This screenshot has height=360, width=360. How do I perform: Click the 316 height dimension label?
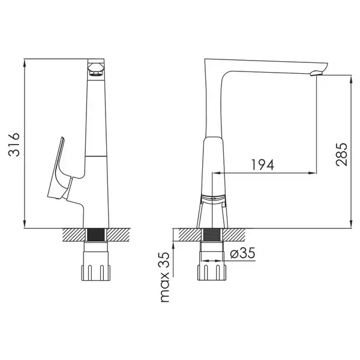[x=14, y=145]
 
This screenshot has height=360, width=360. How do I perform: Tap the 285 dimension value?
[x=341, y=154]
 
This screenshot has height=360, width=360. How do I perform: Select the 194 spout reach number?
[x=263, y=164]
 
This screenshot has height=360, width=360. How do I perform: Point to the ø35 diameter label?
[x=242, y=253]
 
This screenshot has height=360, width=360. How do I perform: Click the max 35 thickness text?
[x=164, y=277]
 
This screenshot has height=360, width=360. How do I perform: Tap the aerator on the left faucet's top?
[x=96, y=70]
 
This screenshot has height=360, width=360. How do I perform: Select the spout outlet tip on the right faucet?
[x=317, y=73]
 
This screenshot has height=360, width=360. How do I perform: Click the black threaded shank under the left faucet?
[x=96, y=235]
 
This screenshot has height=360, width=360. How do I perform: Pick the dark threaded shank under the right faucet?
[x=212, y=235]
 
